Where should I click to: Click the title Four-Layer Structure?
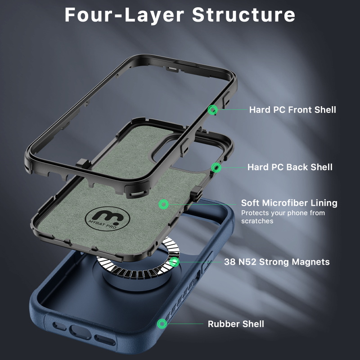[x=180, y=15]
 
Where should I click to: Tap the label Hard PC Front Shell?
[x=292, y=110]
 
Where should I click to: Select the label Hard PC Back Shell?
[x=290, y=167]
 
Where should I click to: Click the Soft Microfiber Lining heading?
[x=289, y=203]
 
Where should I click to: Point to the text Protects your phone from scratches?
[x=283, y=217]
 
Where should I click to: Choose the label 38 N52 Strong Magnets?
[x=277, y=262]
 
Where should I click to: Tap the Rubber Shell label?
[x=236, y=324]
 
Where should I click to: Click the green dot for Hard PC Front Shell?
[x=212, y=110]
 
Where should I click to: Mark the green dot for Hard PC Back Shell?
[x=216, y=167]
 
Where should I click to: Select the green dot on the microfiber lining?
[x=163, y=204]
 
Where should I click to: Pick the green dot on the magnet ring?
[x=174, y=262]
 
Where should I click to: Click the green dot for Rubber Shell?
[x=162, y=324]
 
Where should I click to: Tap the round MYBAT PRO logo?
[x=108, y=219]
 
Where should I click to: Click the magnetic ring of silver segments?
[x=138, y=273]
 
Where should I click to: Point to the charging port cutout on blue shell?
[x=80, y=332]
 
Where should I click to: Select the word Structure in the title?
[x=243, y=15]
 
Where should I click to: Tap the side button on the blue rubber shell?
[x=207, y=262]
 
